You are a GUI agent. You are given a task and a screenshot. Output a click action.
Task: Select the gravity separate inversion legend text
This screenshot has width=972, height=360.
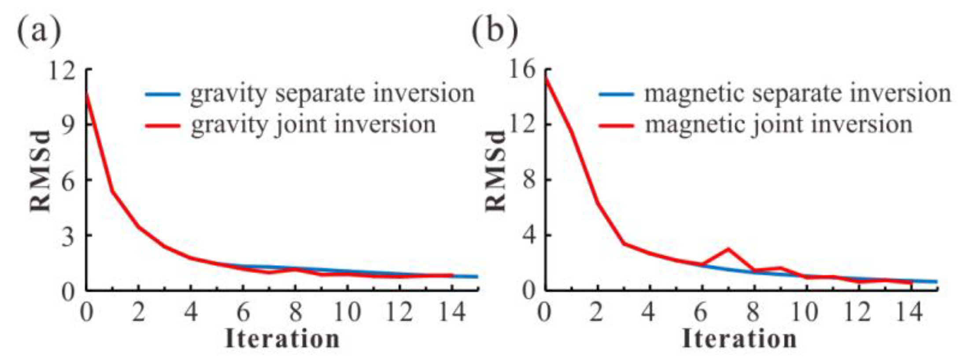click(333, 94)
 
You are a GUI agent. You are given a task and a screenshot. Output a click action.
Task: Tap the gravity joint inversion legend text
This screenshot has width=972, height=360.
click(313, 125)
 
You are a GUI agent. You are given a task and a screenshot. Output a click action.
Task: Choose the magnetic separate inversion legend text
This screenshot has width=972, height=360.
click(798, 94)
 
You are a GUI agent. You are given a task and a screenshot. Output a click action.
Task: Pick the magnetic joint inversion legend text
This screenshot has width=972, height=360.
click(779, 125)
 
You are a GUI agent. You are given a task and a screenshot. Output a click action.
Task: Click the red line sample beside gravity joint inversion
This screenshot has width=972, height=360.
click(163, 126)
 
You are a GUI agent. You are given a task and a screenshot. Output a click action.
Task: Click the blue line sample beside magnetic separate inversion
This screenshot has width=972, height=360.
click(617, 94)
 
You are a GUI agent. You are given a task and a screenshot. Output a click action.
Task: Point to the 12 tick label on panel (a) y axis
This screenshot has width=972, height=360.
click(61, 71)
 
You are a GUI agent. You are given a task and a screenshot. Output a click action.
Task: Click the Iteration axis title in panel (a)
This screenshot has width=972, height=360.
click(282, 339)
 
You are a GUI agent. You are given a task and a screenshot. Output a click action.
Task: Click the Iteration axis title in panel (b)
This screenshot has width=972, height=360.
click(739, 339)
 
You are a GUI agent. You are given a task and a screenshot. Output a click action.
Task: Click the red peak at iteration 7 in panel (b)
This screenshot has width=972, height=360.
click(728, 249)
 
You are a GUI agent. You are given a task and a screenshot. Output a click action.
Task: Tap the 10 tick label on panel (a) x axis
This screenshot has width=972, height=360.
click(347, 312)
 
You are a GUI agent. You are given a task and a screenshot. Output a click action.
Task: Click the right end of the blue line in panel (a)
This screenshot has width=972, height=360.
click(477, 277)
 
